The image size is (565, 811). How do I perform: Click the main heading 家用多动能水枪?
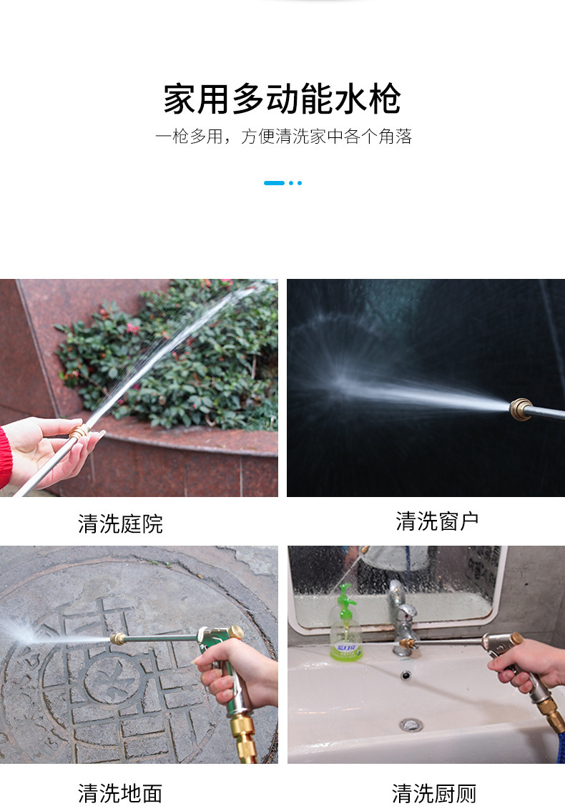(282, 98)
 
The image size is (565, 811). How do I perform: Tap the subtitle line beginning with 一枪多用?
(283, 137)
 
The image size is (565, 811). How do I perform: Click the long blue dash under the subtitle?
(274, 183)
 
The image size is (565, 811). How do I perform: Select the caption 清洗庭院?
(120, 524)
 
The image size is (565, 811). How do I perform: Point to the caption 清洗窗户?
(437, 521)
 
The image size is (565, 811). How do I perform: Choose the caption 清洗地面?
(120, 793)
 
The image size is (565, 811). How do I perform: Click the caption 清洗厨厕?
(433, 793)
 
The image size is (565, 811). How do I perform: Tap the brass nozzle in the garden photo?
(78, 431)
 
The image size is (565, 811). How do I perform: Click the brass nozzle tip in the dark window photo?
(521, 410)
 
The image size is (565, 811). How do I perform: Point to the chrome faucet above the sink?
(403, 618)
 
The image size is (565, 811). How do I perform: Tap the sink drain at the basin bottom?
(411, 725)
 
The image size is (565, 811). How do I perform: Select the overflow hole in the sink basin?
(406, 676)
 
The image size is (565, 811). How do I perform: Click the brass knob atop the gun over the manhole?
(237, 631)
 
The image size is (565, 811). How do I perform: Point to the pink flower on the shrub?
(133, 328)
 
